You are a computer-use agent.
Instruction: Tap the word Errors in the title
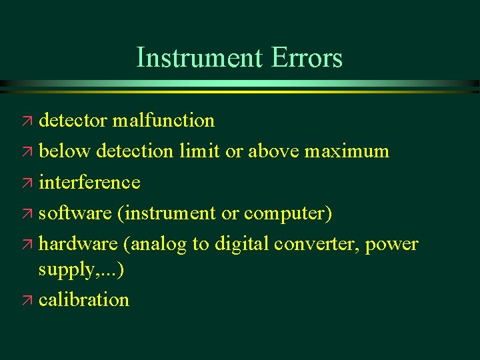pyautogui.click(x=307, y=58)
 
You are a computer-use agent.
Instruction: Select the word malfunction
pyautogui.click(x=163, y=121)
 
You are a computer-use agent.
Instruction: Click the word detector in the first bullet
pyautogui.click(x=73, y=121)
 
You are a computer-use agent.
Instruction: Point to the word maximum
pyautogui.click(x=347, y=151)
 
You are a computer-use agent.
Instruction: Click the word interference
pyautogui.click(x=89, y=182)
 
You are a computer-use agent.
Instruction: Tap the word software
pyautogui.click(x=75, y=213)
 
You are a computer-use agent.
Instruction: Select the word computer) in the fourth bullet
pyautogui.click(x=288, y=213)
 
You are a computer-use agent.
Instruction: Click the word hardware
pyautogui.click(x=78, y=244)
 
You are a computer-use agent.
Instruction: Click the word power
pyautogui.click(x=393, y=245)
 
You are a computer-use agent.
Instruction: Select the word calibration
pyautogui.click(x=84, y=300)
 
